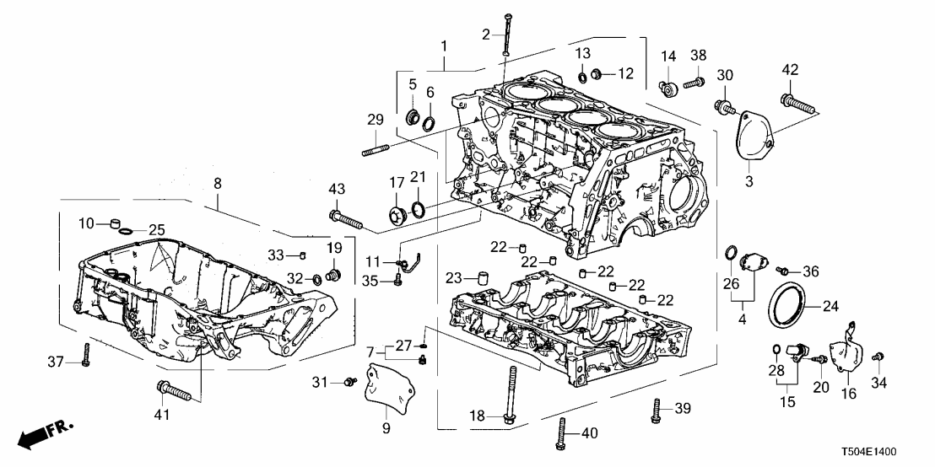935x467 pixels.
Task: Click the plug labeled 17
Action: pyautogui.click(x=396, y=212)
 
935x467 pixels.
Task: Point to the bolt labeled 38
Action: pyautogui.click(x=694, y=83)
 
